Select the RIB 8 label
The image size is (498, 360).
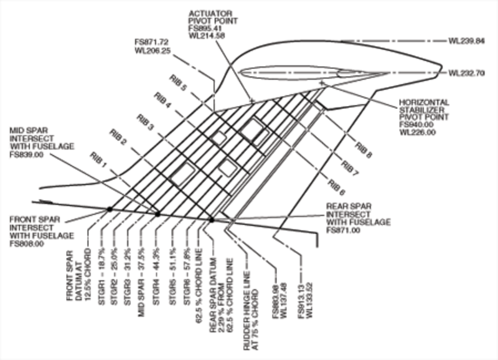pos(364,150)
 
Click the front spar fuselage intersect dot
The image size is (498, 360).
pos(110,209)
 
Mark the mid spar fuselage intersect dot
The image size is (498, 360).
pos(157,214)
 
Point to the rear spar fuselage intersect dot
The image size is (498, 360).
pos(212,219)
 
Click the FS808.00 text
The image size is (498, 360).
pos(27,244)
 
